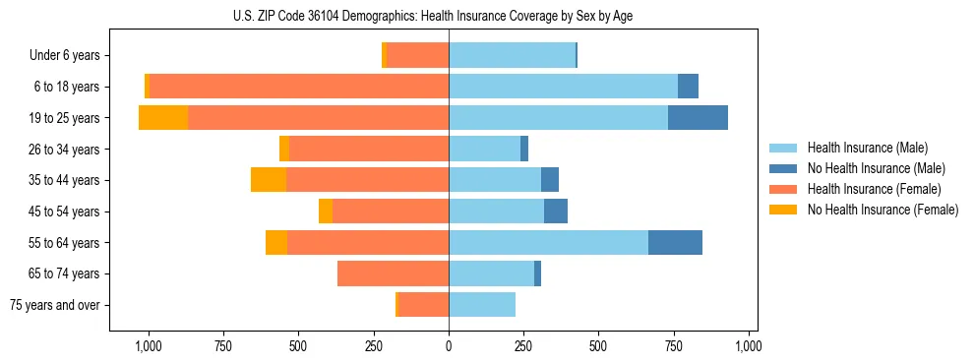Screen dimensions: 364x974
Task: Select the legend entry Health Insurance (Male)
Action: tap(867, 148)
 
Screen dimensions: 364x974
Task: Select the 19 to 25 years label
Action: tap(66, 118)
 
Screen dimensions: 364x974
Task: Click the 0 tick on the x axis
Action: tap(449, 346)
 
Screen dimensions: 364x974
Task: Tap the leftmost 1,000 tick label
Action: tap(148, 346)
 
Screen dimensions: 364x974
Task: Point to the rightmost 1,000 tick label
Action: tap(749, 346)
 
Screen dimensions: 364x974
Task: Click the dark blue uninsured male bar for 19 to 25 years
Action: tap(698, 117)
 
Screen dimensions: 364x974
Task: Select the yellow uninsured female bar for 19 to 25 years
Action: tap(163, 117)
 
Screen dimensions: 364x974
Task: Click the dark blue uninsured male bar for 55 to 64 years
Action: tap(675, 242)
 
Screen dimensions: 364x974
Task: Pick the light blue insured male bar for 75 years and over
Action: tap(482, 305)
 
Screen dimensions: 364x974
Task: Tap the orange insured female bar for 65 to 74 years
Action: tap(394, 273)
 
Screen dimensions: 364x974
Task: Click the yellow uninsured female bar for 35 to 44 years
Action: tap(269, 180)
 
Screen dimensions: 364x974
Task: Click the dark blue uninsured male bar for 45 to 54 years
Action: tap(556, 211)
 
